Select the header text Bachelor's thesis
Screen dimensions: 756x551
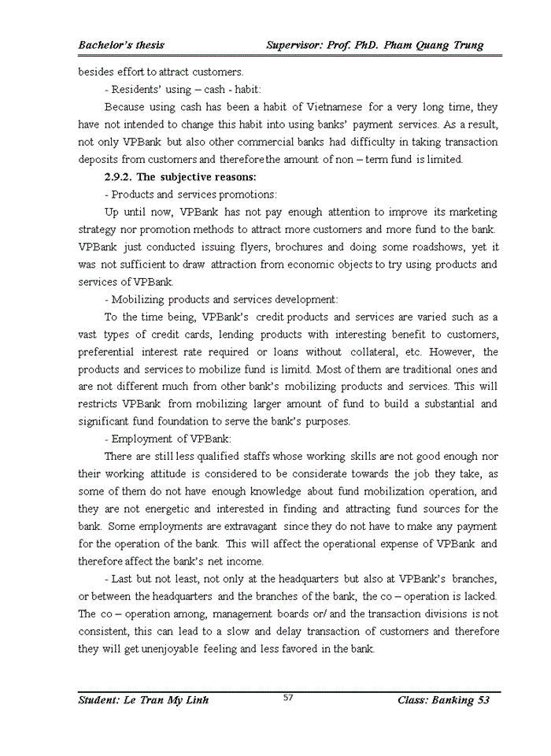coord(121,45)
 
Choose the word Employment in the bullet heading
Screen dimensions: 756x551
coord(141,439)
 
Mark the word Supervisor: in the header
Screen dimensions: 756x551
coord(298,45)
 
